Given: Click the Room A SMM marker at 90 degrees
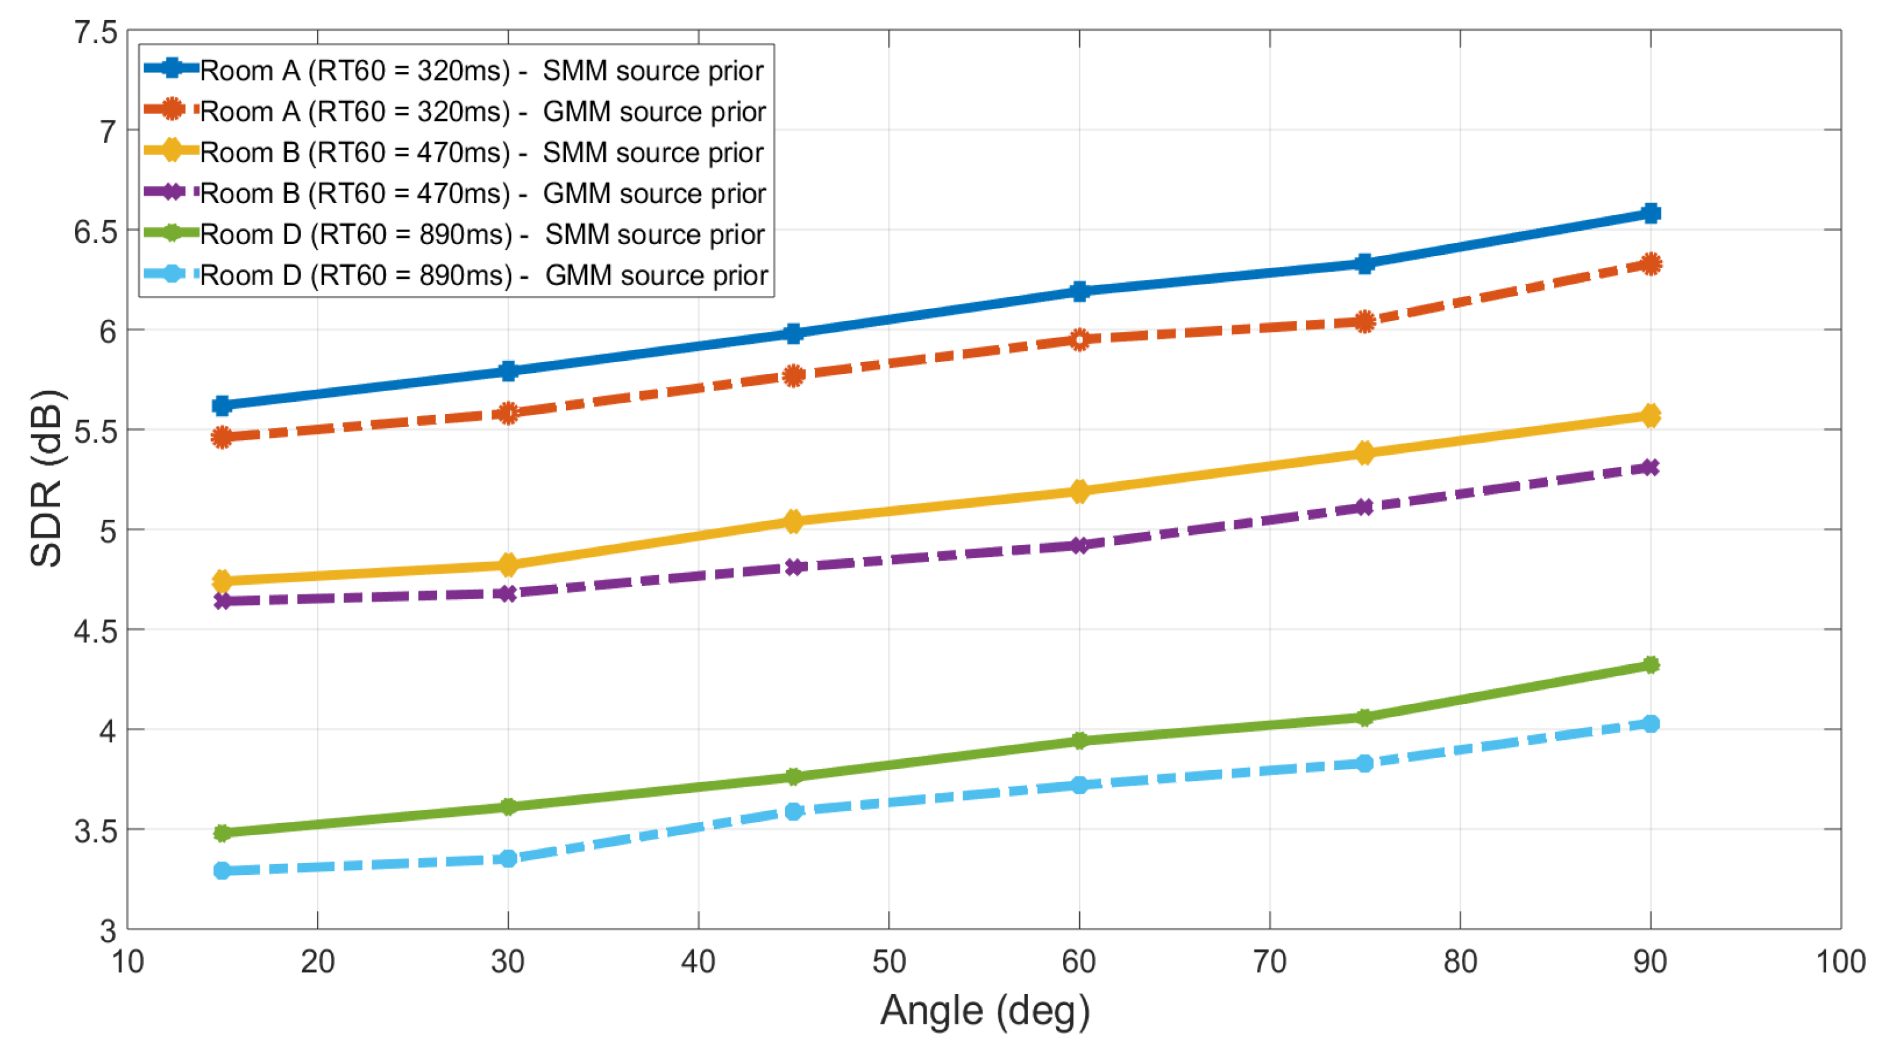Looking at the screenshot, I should point(1650,213).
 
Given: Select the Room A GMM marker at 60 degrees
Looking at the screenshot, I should point(1079,339).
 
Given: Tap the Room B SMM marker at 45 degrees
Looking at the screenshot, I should point(794,521).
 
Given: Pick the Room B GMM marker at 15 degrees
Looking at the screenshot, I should point(223,600).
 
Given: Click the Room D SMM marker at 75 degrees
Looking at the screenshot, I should point(1364,717).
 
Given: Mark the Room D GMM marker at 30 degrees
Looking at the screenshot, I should point(508,858).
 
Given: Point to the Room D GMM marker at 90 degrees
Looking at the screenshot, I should point(1650,723).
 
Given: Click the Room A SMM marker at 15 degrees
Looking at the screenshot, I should point(223,406).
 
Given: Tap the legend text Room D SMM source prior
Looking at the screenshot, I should point(482,234).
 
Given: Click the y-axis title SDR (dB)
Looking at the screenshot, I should point(46,478).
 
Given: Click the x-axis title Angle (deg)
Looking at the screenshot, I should point(985,1010).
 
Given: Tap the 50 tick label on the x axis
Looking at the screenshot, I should point(889,962).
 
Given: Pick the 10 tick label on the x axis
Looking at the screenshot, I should point(128,962).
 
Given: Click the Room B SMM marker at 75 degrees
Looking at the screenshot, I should point(1364,453).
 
